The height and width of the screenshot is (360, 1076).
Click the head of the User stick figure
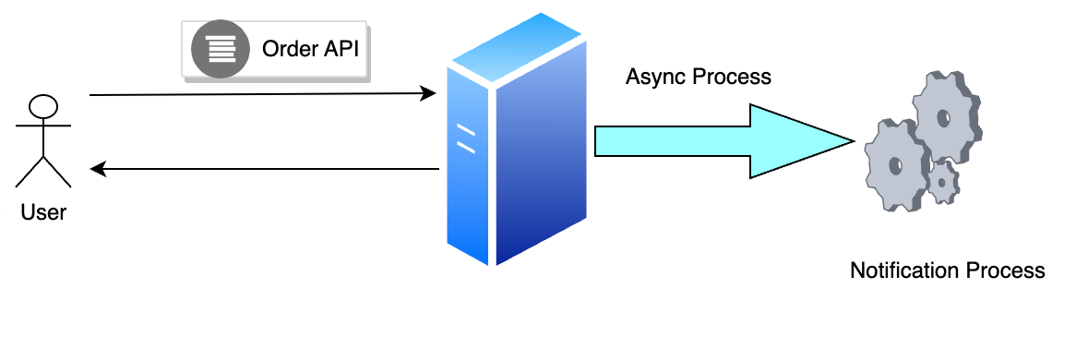[x=43, y=105]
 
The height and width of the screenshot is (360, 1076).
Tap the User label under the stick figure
[x=43, y=212]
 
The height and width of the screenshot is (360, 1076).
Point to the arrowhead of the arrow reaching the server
[x=428, y=93]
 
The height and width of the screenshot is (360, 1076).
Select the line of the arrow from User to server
[x=258, y=94]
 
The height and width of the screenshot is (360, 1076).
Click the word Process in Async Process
[x=735, y=77]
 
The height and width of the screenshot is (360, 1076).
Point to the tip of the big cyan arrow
[x=851, y=141]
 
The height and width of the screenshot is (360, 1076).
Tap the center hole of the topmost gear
[x=943, y=117]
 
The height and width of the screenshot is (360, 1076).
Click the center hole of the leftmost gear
[x=894, y=166]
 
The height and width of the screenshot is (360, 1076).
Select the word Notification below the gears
[x=903, y=271]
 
